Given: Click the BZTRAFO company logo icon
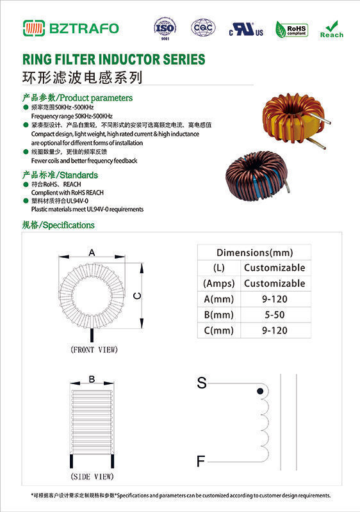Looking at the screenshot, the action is pos(35,28).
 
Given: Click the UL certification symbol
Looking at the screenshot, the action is pos(247,29).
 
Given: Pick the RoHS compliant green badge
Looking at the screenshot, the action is pos(291,29).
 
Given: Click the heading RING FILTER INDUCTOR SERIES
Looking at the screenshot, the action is pos(113,60).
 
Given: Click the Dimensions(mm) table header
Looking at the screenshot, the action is pos(254,252).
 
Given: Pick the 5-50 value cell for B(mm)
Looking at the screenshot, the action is pos(274,315).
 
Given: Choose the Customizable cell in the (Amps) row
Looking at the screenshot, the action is pos(274,284).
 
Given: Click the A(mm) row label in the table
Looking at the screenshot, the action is pos(218,299).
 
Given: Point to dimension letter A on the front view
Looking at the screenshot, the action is pos(92,253).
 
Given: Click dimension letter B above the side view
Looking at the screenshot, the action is pos(92,379).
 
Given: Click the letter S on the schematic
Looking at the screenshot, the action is pos(202,383).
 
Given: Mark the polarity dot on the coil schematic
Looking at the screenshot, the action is pos(259,390).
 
